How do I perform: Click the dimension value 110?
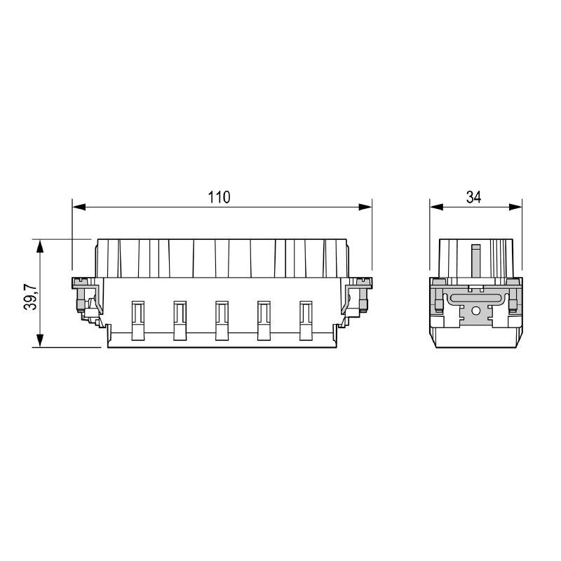pos(219,197)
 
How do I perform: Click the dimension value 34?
pos(474,197)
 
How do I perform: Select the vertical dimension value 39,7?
pos(30,297)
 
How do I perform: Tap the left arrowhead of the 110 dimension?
pos(79,207)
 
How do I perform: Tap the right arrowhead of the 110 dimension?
pos(365,207)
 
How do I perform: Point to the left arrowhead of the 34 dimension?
pos(436,207)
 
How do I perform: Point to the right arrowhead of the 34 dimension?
pos(515,207)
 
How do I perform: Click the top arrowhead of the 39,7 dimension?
pos(40,246)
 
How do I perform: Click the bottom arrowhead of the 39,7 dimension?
pos(40,341)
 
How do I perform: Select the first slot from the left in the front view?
pos(138,320)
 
